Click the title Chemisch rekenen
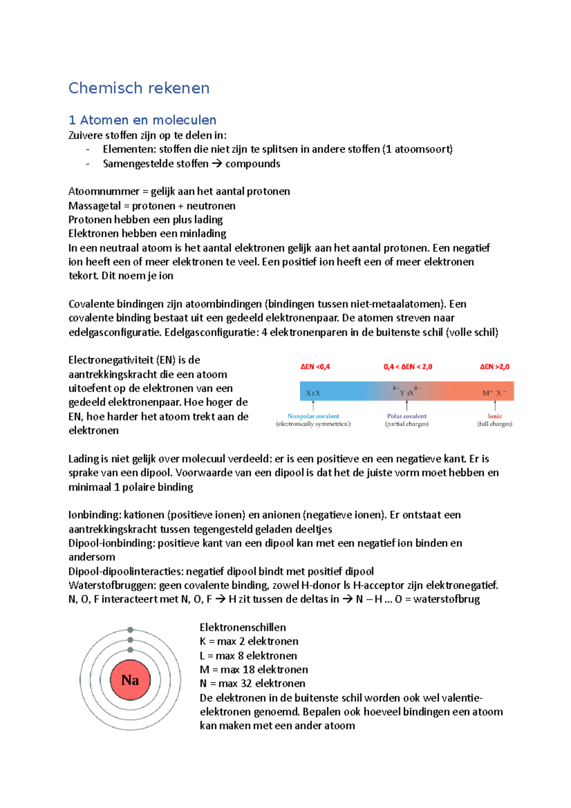click(x=138, y=88)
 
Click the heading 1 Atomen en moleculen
click(x=142, y=120)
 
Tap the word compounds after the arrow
click(x=253, y=164)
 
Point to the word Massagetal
click(x=94, y=206)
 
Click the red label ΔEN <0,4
click(x=315, y=366)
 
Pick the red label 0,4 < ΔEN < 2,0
click(x=408, y=366)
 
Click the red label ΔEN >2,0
click(x=494, y=366)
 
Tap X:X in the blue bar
click(x=313, y=393)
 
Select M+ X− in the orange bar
click(x=494, y=393)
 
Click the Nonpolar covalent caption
click(x=313, y=416)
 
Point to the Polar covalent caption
click(x=407, y=416)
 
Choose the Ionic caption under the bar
click(x=495, y=416)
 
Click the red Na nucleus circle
click(x=130, y=680)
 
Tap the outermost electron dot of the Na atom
click(x=130, y=630)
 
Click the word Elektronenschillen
click(x=243, y=627)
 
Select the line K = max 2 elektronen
click(x=249, y=641)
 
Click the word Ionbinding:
click(x=95, y=515)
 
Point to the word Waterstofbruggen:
click(x=112, y=585)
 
